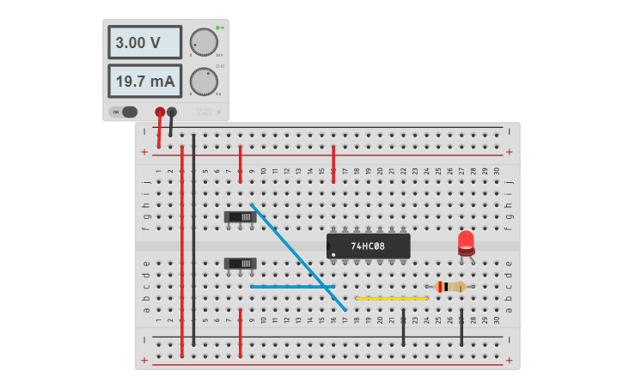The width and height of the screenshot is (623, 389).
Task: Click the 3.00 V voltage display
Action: click(144, 42)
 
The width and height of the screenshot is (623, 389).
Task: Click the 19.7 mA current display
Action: click(144, 82)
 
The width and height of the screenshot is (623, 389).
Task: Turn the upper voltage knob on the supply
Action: click(204, 41)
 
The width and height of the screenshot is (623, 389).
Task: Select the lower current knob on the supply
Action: click(204, 82)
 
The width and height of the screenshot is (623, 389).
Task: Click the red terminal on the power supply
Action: click(160, 112)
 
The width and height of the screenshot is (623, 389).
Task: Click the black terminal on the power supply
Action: click(172, 112)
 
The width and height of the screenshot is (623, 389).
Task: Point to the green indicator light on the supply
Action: click(219, 27)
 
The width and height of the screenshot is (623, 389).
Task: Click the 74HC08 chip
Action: click(368, 246)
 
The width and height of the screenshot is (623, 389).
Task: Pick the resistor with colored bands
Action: click(450, 287)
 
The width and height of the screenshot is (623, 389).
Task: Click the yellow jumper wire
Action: click(391, 298)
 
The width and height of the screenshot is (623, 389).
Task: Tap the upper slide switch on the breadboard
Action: click(240, 217)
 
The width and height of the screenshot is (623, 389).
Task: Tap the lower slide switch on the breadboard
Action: click(240, 264)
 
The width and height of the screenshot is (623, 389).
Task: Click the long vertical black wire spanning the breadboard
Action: click(194, 240)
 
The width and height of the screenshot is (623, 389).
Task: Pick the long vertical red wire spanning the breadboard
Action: click(182, 249)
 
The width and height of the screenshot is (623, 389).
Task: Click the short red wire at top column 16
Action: click(333, 158)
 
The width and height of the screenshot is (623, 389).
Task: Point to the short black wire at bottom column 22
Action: click(403, 327)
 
